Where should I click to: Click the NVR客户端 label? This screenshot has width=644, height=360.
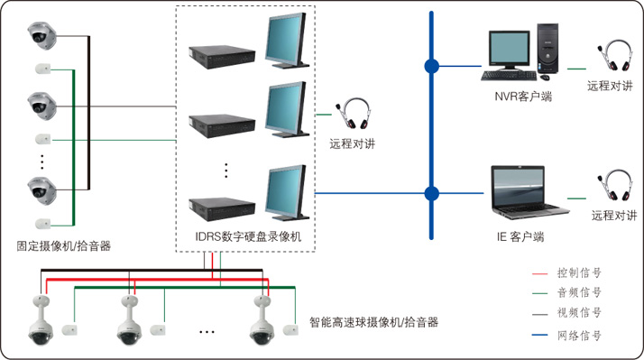coord(523,97)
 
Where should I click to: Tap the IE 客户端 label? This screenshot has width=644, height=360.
coord(520,236)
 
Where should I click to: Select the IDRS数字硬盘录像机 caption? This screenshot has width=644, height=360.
coord(248,236)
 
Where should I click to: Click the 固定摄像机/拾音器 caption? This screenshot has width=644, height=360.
coord(64,246)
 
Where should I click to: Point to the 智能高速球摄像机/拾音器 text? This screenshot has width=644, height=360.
coord(373,322)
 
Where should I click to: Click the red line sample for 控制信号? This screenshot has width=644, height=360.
coord(539,273)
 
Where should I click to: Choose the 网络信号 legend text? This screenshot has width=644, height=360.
coord(579,336)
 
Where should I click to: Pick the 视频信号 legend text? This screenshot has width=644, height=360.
coord(579,313)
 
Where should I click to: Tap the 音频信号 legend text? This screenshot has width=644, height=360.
coord(579,292)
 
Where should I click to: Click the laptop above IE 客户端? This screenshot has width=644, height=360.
coord(529,192)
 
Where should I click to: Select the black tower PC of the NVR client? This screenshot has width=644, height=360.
coord(547,49)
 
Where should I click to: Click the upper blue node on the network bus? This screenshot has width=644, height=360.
coord(431,66)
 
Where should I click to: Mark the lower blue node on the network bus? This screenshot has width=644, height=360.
coord(431,194)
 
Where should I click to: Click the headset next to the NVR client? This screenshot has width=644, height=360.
coord(614,55)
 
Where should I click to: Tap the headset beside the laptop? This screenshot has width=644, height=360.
coord(614,185)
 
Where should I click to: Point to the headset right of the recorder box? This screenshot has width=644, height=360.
coord(354,114)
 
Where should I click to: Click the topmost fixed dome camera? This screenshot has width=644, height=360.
coord(41,35)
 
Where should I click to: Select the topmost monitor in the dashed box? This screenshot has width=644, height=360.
coord(287,41)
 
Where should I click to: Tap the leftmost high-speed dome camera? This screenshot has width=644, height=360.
coord(41,321)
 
